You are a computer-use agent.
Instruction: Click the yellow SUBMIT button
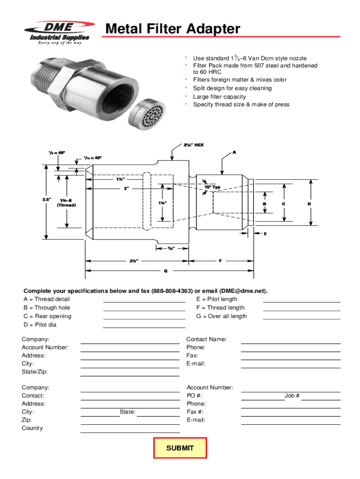(180, 448)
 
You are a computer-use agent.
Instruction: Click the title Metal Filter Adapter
(173, 29)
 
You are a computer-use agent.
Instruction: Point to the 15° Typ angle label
(212, 187)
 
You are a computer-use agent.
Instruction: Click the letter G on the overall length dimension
(166, 271)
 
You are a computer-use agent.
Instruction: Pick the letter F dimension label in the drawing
(220, 261)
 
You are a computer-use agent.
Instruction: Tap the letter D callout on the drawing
(309, 204)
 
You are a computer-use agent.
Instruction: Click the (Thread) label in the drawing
(66, 205)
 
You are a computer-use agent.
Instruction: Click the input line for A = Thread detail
(144, 302)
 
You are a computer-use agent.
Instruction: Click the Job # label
(292, 396)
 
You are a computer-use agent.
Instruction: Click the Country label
(32, 428)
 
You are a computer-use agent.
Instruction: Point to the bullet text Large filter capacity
(219, 96)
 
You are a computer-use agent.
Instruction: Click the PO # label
(194, 396)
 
